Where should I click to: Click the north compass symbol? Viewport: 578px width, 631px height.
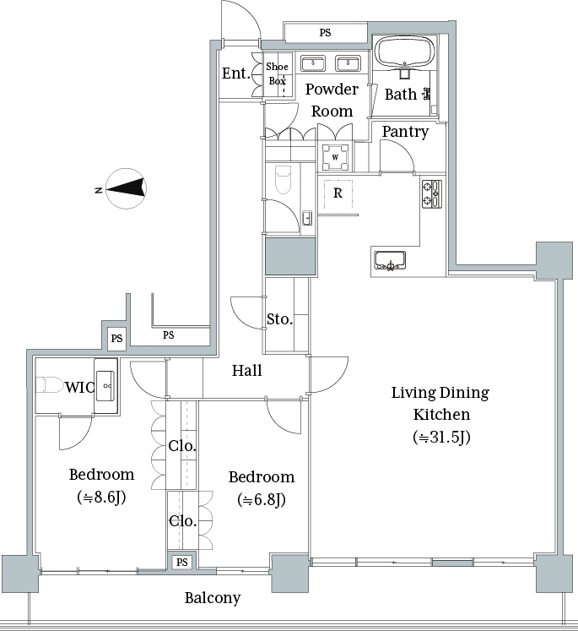click(x=126, y=188)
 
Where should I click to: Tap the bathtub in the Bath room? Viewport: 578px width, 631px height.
click(x=405, y=52)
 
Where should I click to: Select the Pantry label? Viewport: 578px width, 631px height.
click(x=405, y=132)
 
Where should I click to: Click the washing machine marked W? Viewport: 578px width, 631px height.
click(x=335, y=157)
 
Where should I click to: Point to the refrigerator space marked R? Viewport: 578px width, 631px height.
click(x=338, y=193)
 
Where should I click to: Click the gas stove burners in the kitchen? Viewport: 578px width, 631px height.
click(x=432, y=194)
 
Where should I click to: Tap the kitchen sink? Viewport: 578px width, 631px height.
click(x=390, y=261)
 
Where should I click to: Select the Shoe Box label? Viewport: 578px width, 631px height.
click(x=278, y=73)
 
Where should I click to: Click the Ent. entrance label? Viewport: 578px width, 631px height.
click(x=236, y=73)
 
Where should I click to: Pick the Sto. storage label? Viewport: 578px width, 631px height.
click(x=280, y=319)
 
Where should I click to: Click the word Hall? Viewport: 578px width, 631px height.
click(x=246, y=370)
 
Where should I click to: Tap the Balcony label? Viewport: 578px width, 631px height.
click(x=213, y=598)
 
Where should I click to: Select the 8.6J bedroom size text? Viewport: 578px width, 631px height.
click(x=101, y=498)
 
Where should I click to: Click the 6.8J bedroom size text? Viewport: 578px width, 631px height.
click(x=262, y=500)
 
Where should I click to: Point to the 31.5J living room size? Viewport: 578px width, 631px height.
click(x=441, y=437)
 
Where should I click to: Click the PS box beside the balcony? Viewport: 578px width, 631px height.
click(x=182, y=563)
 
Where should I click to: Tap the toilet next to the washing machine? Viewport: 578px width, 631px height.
click(x=283, y=179)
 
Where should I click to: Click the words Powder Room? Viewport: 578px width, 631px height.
click(x=332, y=100)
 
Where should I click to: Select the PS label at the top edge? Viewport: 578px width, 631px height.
click(x=325, y=33)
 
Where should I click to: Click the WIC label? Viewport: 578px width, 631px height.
click(x=79, y=387)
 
